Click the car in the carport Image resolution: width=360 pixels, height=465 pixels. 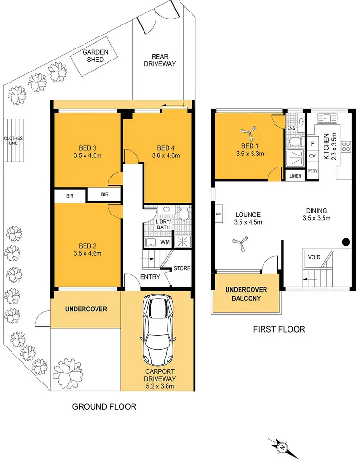click(x=157, y=331)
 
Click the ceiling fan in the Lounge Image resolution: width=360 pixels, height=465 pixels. click(x=240, y=245)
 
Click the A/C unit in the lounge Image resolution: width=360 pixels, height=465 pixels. click(x=218, y=215)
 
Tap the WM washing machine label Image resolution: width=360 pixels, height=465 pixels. click(x=165, y=242)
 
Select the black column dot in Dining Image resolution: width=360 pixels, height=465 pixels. click(x=345, y=242)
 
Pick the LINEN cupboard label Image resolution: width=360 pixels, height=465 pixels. click(x=295, y=176)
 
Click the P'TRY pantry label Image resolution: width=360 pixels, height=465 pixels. click(x=312, y=171)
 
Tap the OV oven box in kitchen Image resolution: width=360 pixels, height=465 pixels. click(x=312, y=156)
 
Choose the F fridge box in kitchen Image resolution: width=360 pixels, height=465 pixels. click(x=312, y=143)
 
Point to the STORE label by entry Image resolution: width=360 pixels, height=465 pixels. click(x=181, y=268)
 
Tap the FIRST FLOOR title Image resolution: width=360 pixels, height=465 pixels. click(x=279, y=329)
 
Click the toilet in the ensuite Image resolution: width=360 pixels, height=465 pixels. click(x=296, y=141)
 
